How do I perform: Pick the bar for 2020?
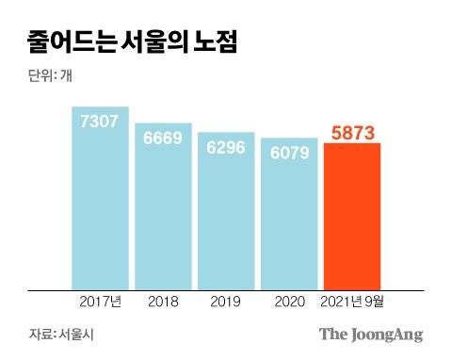click(x=288, y=221)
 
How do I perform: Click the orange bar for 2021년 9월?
click(x=351, y=221)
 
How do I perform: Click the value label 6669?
click(x=163, y=137)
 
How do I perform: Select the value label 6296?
click(x=225, y=147)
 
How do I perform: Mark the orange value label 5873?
click(x=351, y=133)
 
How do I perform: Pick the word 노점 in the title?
click(x=213, y=41)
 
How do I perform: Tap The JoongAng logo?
click(x=371, y=335)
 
